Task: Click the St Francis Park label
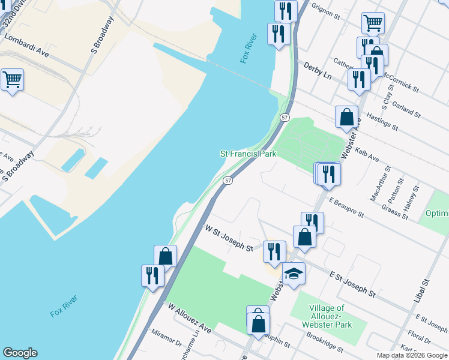248,154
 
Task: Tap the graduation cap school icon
294,274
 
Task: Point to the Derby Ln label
318,71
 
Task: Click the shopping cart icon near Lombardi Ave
12,79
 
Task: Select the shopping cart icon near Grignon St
373,23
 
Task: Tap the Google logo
20,353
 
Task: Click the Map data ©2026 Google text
411,355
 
